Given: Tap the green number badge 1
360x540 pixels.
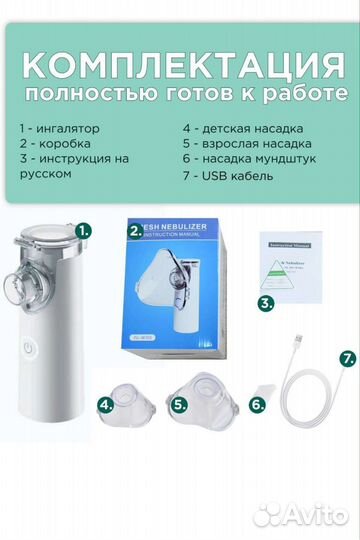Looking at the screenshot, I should [84, 229].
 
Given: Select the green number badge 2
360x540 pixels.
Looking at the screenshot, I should [135, 229].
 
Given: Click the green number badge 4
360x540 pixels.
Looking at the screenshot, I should [105, 405].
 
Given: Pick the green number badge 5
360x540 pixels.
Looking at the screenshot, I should [179, 405].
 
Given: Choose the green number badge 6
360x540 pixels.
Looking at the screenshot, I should [256, 405].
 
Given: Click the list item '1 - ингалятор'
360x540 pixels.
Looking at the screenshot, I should [61, 129].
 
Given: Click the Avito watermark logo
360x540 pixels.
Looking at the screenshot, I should [299, 515].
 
